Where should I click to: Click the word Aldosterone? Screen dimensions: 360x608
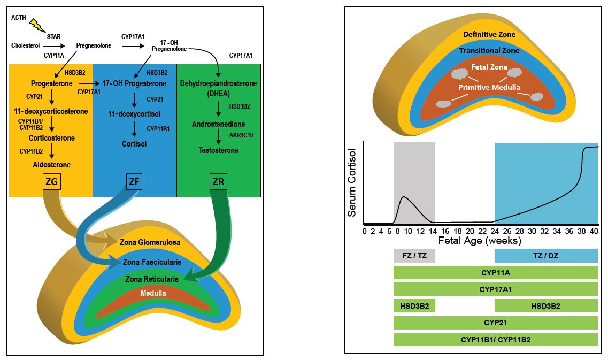(51, 165)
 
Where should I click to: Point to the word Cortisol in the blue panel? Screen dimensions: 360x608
(134, 143)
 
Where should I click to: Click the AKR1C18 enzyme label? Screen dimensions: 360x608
(242, 135)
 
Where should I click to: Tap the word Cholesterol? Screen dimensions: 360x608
(26, 45)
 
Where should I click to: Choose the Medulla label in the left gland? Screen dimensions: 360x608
(153, 293)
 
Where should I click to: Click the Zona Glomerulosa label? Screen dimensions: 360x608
(150, 242)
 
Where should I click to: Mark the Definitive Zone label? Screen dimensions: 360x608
(489, 35)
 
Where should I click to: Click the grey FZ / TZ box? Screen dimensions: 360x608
(414, 256)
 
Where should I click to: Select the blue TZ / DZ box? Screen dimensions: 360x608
(545, 256)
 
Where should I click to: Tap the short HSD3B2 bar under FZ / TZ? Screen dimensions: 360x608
(414, 306)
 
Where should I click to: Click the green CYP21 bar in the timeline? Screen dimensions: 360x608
(495, 323)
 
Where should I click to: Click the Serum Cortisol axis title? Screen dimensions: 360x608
(352, 182)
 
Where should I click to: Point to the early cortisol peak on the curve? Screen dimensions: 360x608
(404, 197)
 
